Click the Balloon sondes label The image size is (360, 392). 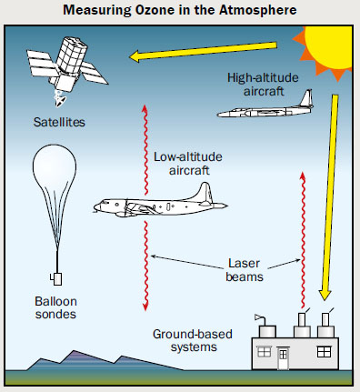(x=56, y=308)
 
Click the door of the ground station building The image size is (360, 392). (x=283, y=362)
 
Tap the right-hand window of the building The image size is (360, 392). (x=323, y=350)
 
